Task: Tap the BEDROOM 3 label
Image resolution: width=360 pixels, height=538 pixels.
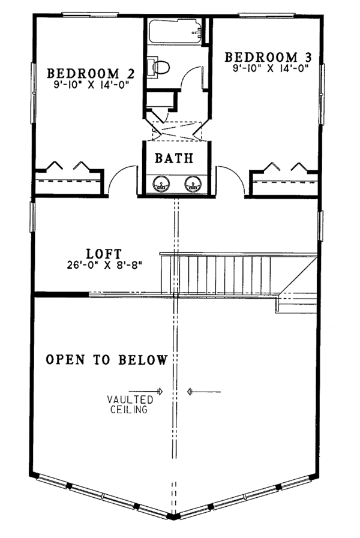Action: [x=269, y=57]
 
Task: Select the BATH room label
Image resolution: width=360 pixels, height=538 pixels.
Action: [x=174, y=159]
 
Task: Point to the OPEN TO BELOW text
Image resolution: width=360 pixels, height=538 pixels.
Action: [x=106, y=360]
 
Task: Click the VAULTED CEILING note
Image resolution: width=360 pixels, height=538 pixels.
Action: [x=130, y=404]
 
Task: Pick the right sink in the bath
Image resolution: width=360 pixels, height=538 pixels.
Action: [x=193, y=183]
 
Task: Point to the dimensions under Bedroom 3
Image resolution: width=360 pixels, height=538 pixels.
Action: [x=270, y=68]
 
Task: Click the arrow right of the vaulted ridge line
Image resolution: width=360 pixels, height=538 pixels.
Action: [x=204, y=392]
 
